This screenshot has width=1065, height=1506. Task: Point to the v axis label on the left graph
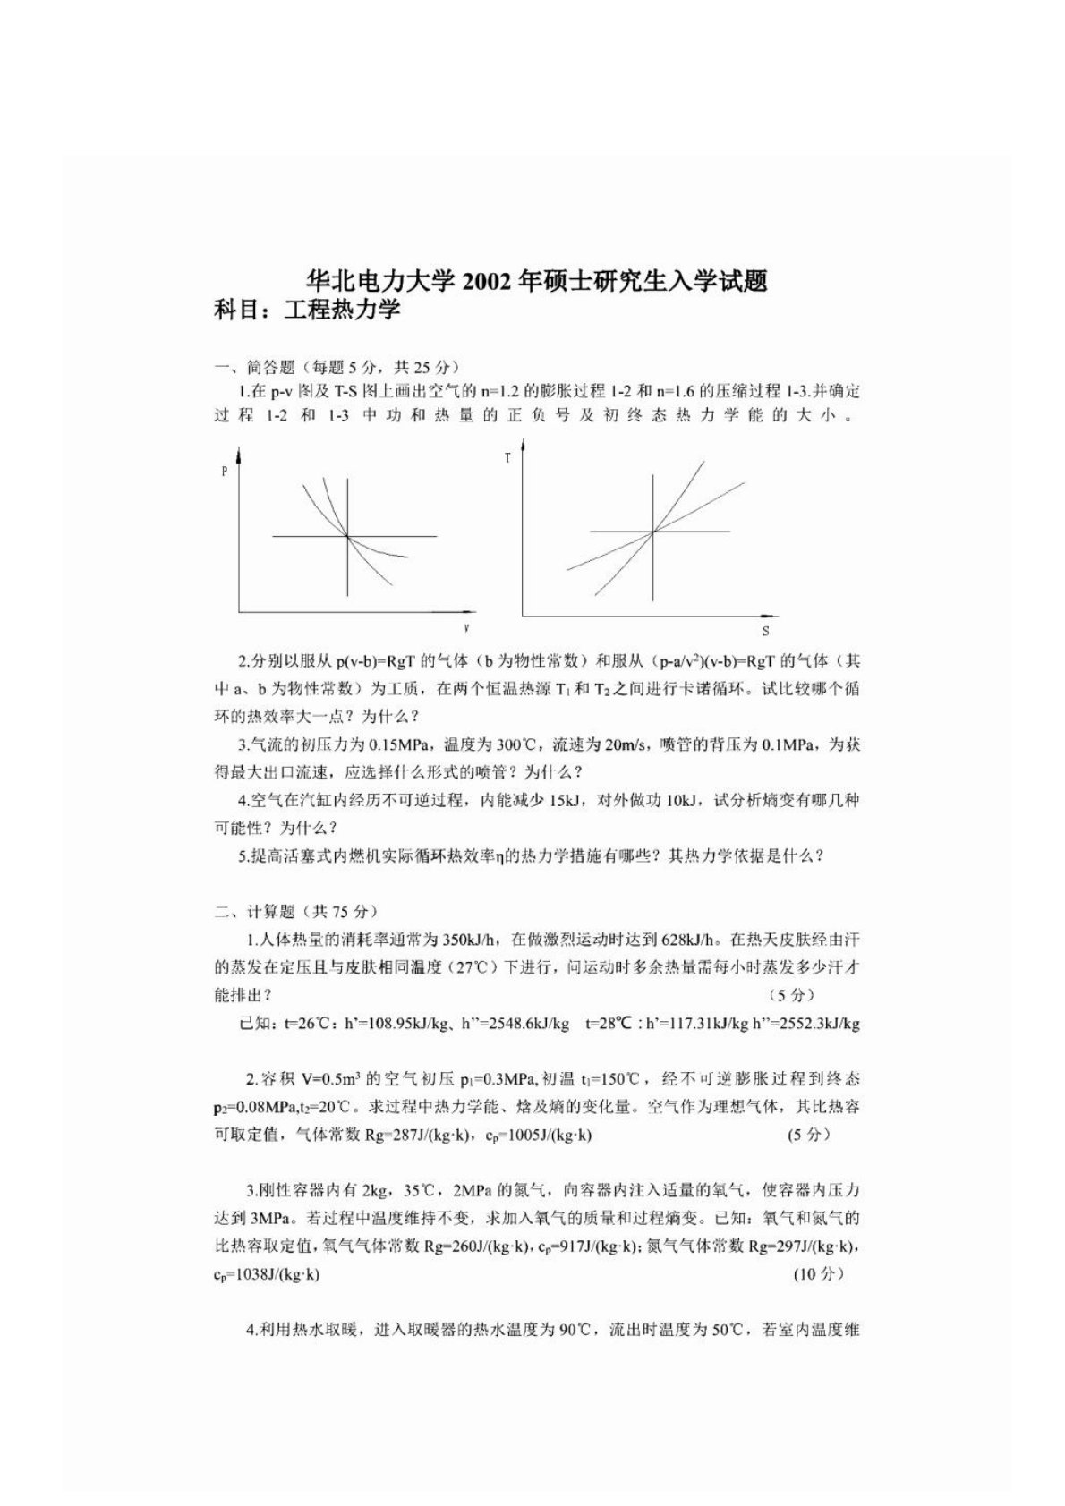click(466, 628)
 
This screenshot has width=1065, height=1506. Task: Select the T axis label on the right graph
click(507, 458)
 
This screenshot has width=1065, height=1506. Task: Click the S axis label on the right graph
click(765, 631)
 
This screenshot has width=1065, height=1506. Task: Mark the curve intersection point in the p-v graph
click(346, 536)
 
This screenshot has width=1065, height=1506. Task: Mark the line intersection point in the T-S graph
click(653, 532)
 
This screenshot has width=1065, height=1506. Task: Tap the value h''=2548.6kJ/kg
click(524, 1024)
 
